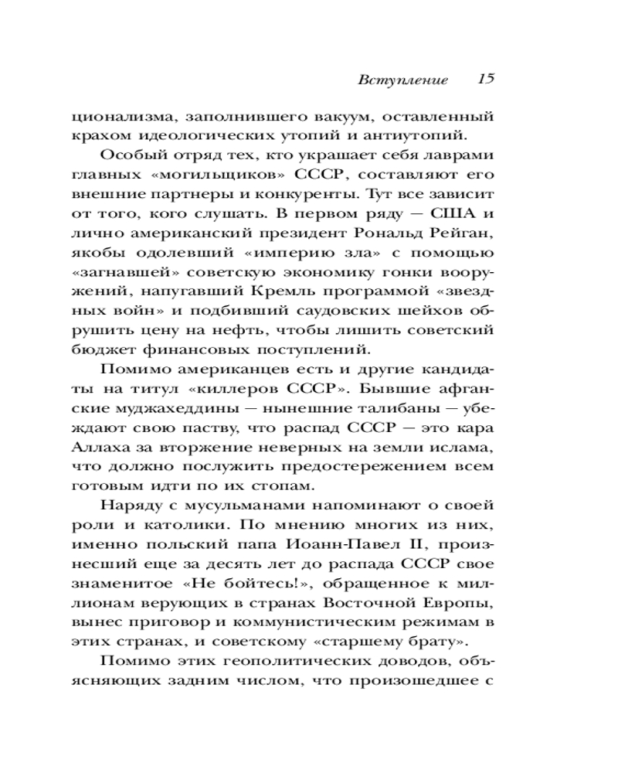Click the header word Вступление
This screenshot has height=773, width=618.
403,80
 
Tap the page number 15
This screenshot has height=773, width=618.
484,79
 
